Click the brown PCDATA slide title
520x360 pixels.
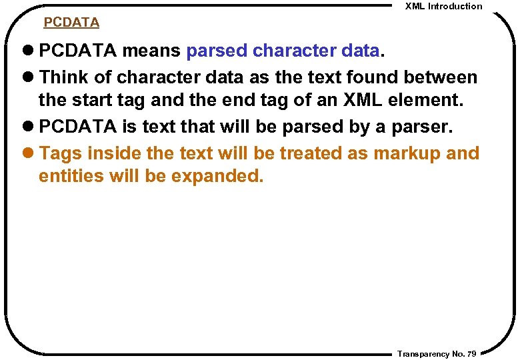click(71, 23)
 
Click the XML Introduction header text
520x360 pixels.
click(444, 6)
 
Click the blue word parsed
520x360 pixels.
click(217, 51)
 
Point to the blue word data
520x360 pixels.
click(359, 51)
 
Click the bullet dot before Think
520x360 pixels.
click(31, 77)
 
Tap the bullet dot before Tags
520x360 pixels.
click(31, 153)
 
